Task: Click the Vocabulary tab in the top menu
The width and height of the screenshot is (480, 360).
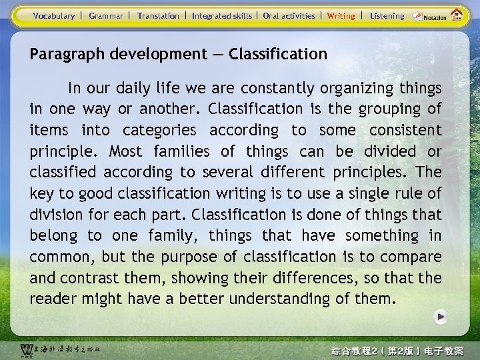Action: click(x=54, y=15)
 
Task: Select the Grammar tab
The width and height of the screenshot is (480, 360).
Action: click(x=106, y=15)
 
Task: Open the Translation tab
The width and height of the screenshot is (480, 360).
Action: click(x=158, y=15)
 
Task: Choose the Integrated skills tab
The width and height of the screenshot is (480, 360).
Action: click(x=222, y=15)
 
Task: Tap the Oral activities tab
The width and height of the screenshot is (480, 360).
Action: click(x=289, y=15)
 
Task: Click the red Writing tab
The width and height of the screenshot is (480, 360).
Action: click(x=341, y=15)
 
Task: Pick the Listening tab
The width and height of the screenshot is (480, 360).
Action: click(x=387, y=15)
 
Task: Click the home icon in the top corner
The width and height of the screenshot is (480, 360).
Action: click(x=457, y=15)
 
